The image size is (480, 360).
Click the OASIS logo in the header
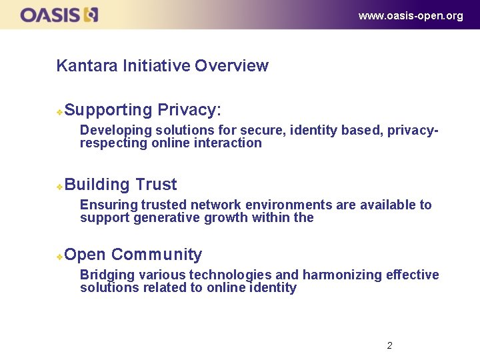pos(59,15)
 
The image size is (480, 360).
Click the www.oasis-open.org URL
pos(410,16)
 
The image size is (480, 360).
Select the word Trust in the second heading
pos(156,185)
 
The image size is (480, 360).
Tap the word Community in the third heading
pos(157,255)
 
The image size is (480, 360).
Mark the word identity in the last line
pos(272,288)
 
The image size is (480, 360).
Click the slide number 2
pos(389,345)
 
